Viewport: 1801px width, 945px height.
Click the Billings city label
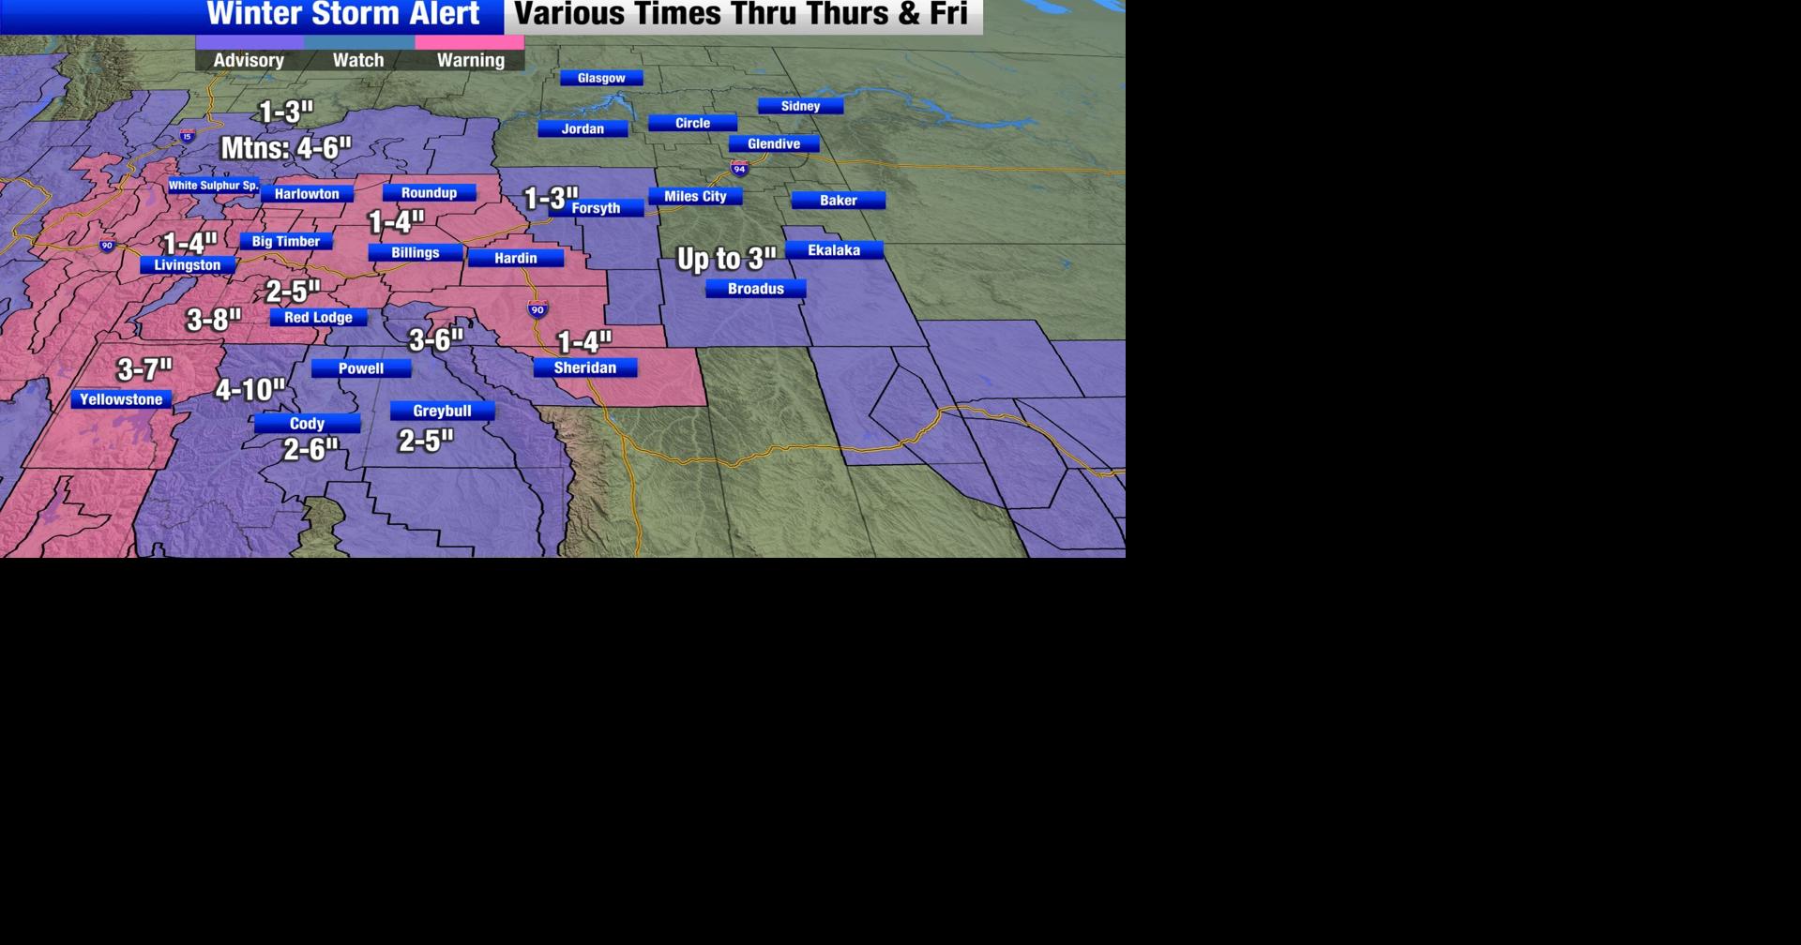point(415,253)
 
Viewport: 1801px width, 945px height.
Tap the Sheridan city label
point(584,368)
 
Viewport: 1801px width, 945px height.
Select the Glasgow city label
point(601,79)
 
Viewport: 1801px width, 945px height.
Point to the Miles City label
point(695,197)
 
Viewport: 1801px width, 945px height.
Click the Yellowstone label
point(121,400)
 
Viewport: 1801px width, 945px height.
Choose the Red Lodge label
point(318,318)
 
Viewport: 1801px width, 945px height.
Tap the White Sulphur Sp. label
point(213,186)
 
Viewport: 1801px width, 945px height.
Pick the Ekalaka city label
point(834,250)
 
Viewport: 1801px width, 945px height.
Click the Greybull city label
point(442,412)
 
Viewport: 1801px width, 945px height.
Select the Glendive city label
point(774,144)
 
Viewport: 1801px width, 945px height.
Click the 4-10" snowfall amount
point(250,390)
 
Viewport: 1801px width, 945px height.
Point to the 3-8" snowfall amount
point(214,321)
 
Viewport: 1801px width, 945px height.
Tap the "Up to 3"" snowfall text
point(726,259)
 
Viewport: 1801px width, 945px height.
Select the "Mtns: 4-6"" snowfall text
point(285,148)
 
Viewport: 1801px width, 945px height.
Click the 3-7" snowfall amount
point(144,369)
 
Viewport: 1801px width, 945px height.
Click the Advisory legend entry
point(249,60)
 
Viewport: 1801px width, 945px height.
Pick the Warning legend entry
point(470,60)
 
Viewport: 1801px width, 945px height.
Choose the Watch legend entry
point(358,60)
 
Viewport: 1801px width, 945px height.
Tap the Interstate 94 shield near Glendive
point(739,169)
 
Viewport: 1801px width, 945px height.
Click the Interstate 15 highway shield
point(188,136)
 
